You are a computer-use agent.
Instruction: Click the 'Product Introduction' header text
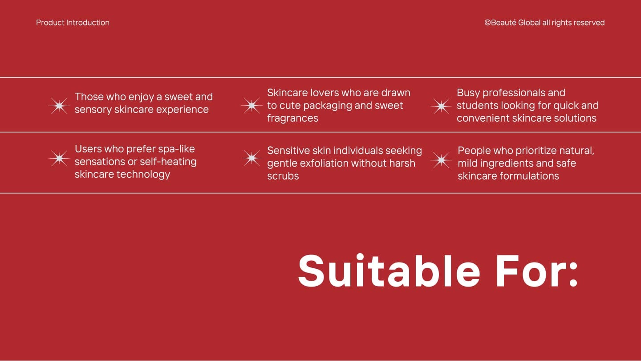coord(73,23)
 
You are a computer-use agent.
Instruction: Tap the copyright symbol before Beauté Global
coord(487,23)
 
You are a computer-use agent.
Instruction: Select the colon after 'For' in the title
coord(573,274)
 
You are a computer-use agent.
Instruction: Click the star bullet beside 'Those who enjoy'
coord(59,106)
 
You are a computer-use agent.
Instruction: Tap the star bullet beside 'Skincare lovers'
coord(252,106)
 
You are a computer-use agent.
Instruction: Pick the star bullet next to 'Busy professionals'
coord(441,106)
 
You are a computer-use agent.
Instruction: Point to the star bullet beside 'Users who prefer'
coord(59,158)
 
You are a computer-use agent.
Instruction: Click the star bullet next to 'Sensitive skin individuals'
coord(252,158)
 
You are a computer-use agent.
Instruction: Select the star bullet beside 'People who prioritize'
coord(441,160)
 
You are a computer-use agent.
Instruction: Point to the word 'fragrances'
coord(292,118)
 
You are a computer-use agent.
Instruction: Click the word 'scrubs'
coord(283,176)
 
